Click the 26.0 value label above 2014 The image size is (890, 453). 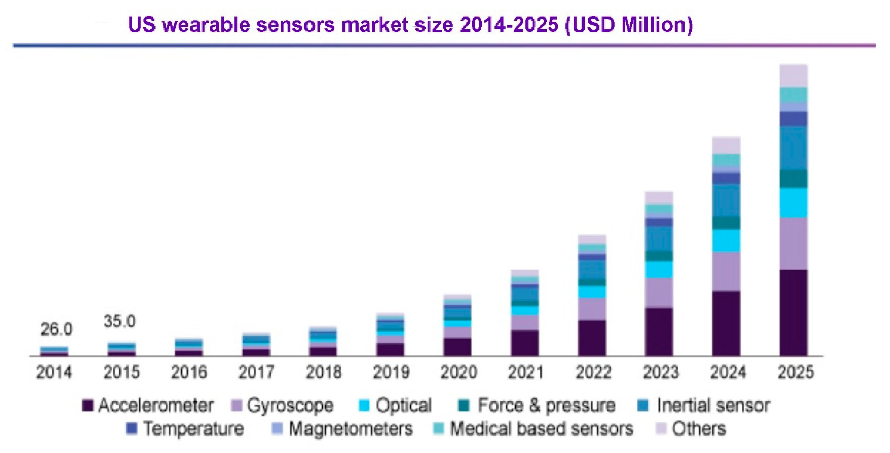point(56,330)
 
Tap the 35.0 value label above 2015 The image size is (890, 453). point(120,321)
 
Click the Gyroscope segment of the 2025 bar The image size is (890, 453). point(793,243)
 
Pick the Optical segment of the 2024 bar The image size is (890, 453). point(726,240)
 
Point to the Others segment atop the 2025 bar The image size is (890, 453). point(793,76)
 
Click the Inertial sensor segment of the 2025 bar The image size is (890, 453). point(793,148)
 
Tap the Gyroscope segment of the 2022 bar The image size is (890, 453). point(592,309)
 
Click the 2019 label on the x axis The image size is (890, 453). point(391,372)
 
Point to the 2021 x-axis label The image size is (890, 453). point(525,372)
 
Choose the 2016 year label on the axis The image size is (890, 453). point(189,372)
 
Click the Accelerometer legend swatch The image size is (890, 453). point(88,405)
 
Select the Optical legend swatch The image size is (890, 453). point(364,405)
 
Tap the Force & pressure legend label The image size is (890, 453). point(547,405)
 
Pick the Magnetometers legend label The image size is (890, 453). point(351,429)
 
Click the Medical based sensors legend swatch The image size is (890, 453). point(438,429)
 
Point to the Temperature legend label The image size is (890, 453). point(194,429)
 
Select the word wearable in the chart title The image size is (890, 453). point(206,25)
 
